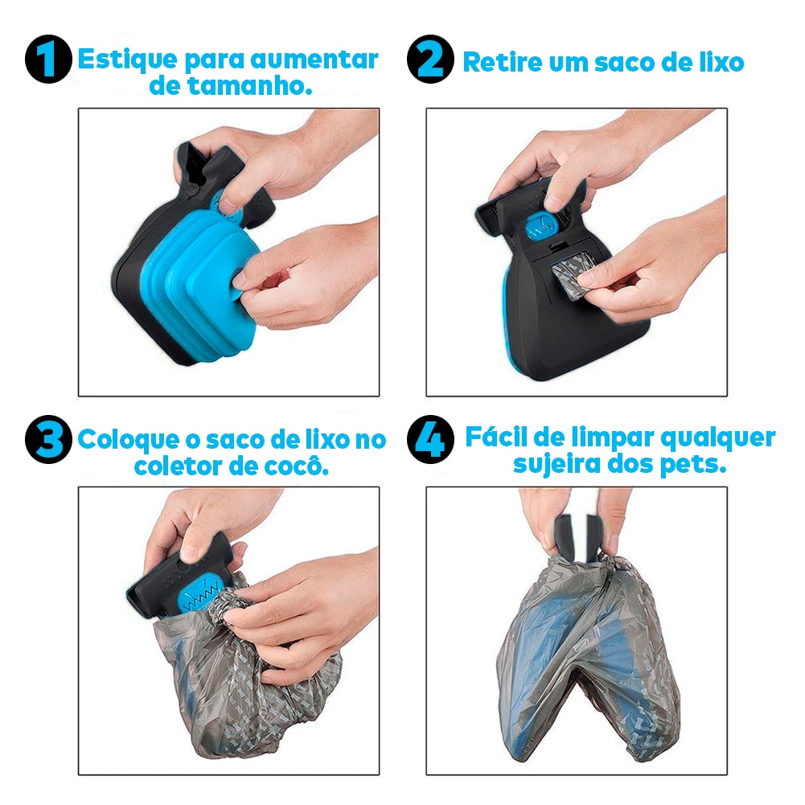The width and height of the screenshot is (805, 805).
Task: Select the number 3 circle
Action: [x=49, y=440]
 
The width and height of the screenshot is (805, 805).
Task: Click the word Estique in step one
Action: [x=125, y=60]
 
